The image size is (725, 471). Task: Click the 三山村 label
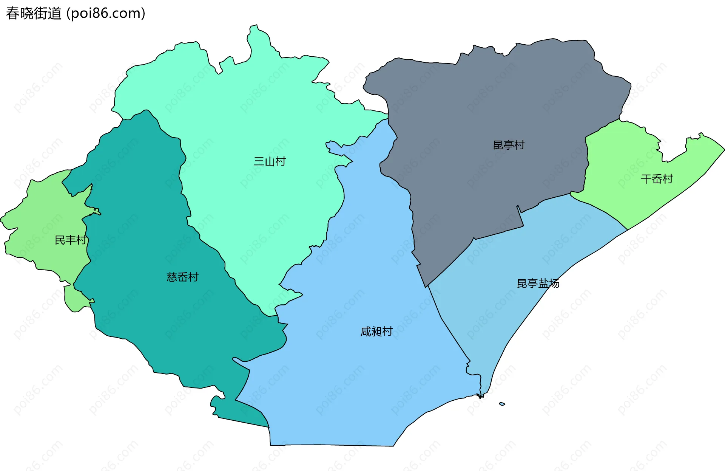270,161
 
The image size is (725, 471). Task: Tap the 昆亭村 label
509,145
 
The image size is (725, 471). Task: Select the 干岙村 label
657,179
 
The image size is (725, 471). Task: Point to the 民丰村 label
71,240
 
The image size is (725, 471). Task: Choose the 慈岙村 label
182,277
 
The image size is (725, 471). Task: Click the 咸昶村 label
376,332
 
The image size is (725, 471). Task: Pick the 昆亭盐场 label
538,283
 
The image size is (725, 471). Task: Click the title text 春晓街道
34,14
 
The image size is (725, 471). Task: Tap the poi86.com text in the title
106,14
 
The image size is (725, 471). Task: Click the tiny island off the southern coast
502,404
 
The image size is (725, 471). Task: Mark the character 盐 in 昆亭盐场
543,283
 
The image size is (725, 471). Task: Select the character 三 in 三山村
259,161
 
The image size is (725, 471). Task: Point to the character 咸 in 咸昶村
366,332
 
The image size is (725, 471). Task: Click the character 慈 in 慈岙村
172,277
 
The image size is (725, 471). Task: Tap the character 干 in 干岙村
646,179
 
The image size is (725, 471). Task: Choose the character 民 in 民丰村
60,240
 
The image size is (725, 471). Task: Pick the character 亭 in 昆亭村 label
509,145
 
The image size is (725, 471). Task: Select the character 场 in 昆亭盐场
554,283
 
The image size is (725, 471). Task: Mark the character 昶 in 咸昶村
376,332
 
